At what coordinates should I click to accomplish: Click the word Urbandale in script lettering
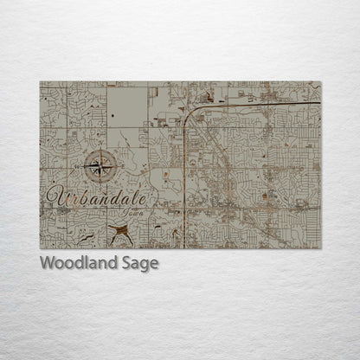pos(97,196)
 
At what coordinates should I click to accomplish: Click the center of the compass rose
pos(101,165)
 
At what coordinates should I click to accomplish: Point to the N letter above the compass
pos(101,151)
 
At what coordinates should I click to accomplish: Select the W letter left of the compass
pos(85,165)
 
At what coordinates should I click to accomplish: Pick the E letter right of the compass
pos(119,165)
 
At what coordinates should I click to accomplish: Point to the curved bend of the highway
pos(190,113)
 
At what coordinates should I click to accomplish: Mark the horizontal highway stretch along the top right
pos(260,106)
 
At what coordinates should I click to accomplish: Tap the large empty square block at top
pos(127,104)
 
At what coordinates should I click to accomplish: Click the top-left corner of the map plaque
pos(40,82)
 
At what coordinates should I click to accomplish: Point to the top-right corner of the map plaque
pos(321,82)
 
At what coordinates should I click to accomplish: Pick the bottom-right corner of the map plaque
pos(321,248)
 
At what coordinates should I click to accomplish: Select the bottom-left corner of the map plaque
pos(40,248)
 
